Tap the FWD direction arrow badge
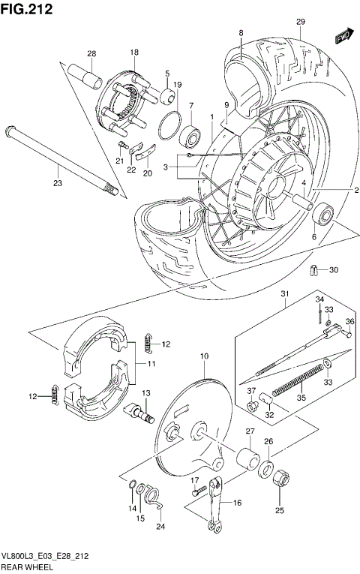pyautogui.click(x=345, y=35)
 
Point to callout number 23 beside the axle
pyautogui.click(x=58, y=182)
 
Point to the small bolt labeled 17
pyautogui.click(x=199, y=492)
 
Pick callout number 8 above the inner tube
pyautogui.click(x=241, y=33)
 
